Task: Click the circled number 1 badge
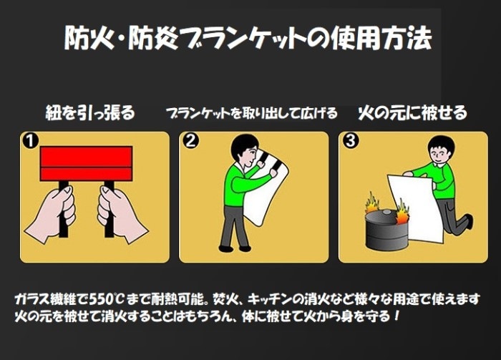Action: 31,141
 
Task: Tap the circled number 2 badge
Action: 190,140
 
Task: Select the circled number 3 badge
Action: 350,140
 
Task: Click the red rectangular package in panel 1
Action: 86,164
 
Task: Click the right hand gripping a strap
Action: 122,214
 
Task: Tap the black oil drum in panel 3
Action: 386,229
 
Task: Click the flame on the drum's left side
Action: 372,203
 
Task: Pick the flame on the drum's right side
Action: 402,212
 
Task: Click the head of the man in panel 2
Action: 244,150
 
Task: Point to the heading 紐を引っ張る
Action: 90,113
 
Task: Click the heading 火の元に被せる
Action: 412,113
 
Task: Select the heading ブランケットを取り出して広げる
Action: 251,113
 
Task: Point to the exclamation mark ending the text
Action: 397,316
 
